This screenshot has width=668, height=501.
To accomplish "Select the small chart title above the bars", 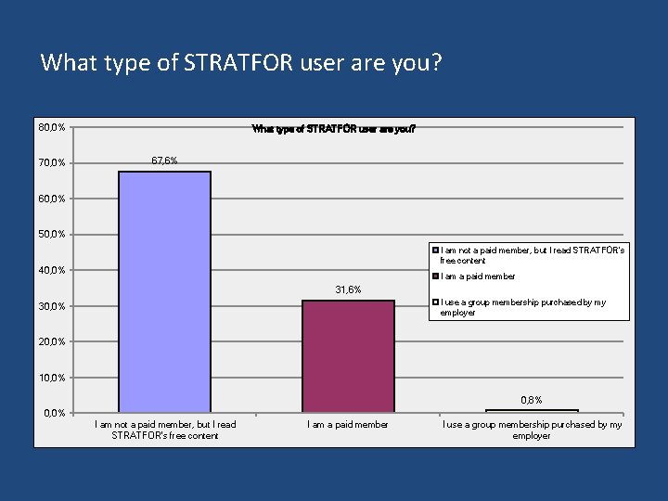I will [334, 129].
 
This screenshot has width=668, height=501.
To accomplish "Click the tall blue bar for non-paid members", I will [164, 291].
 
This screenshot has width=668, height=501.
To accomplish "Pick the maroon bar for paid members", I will [348, 355].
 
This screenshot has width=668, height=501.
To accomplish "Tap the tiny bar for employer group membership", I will [532, 411].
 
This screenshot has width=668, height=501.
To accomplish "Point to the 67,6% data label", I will [164, 161].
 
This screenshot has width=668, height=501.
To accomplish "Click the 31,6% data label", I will [348, 289].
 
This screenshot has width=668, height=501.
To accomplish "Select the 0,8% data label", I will [532, 400].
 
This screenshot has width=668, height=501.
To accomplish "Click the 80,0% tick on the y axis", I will [52, 127].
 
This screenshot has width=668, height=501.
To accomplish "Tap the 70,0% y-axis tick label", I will [52, 163].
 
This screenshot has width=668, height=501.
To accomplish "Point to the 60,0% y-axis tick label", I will [52, 199].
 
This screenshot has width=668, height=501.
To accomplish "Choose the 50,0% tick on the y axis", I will [52, 235].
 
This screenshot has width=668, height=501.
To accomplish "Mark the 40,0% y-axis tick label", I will [52, 270].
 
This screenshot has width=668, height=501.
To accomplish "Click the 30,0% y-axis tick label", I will [52, 306].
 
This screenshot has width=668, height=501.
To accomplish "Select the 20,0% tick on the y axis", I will [52, 341].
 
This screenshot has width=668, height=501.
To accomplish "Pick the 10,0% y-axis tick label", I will [52, 378].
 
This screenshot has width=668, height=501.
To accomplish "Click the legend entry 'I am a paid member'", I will [477, 276].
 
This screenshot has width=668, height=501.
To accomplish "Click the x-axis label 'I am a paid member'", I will [348, 425].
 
